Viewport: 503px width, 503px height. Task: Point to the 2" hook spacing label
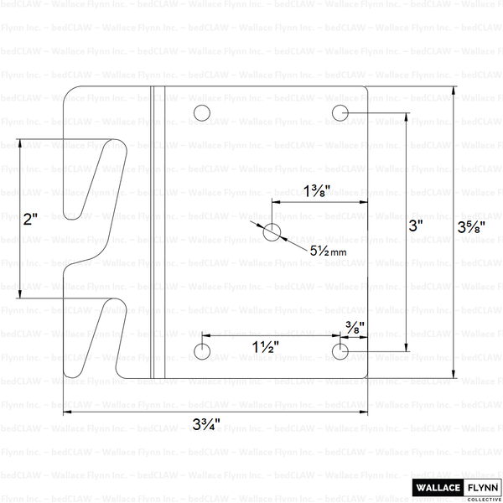coord(31,220)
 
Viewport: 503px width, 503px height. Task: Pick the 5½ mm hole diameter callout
coord(328,250)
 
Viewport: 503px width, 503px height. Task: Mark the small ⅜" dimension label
coord(355,328)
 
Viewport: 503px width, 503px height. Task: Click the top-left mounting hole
coord(202,113)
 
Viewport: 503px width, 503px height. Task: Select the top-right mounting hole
coord(340,112)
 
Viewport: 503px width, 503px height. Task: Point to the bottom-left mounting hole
coord(202,351)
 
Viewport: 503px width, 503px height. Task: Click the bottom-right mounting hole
coord(340,351)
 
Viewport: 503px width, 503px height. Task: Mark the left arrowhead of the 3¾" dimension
coord(68,412)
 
